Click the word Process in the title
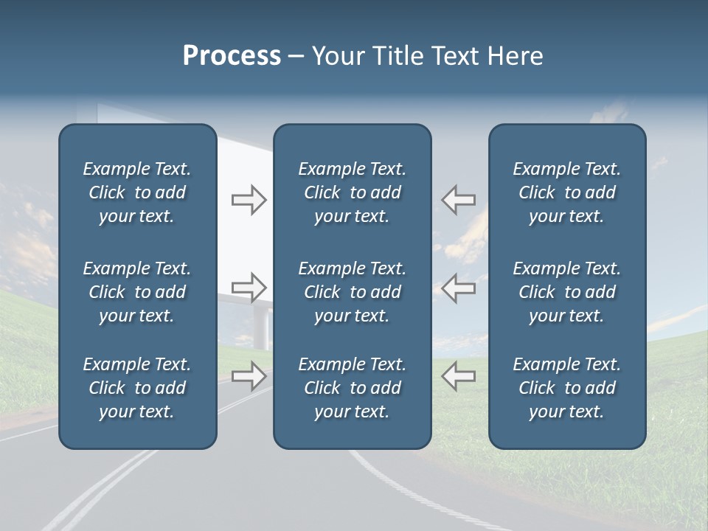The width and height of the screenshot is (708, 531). point(232,56)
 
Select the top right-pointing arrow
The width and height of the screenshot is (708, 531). point(249,200)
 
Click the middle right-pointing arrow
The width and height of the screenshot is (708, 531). point(249,288)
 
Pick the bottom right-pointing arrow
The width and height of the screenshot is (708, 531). point(249,376)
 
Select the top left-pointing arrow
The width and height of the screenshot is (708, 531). point(458,200)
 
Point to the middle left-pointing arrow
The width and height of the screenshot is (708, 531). point(458,288)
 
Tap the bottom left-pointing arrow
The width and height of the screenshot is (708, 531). point(458,376)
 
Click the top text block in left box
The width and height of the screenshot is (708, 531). point(137,192)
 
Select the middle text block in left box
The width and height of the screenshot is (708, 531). point(137,292)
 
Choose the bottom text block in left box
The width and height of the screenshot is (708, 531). point(137,388)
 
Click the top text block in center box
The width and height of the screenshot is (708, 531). point(352,192)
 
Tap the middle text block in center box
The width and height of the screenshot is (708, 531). point(352,292)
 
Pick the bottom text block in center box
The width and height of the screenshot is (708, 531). point(352,388)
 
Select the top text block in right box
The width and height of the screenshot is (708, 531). point(566,192)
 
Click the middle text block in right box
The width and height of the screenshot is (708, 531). point(566,292)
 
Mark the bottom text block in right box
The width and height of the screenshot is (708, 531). point(566,388)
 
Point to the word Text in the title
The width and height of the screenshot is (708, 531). point(451,56)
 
